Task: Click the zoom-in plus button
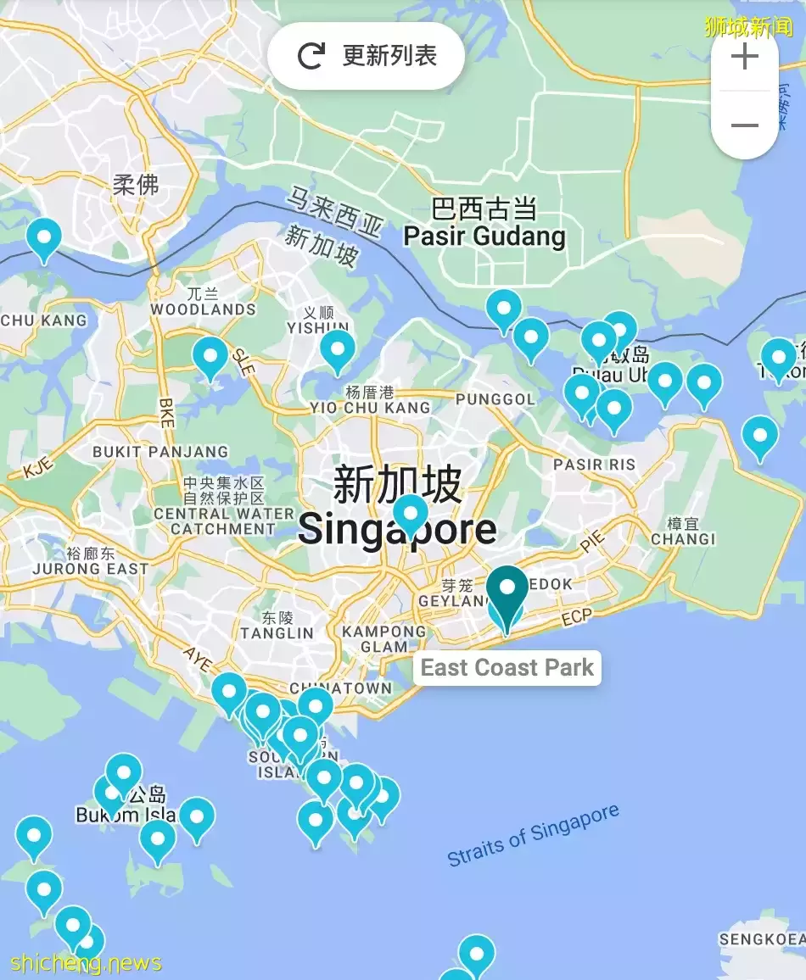(744, 57)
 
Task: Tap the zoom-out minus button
(744, 125)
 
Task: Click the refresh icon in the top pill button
(311, 57)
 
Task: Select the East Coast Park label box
(507, 667)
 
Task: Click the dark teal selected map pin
(507, 591)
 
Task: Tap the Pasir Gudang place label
(484, 236)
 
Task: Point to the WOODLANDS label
(203, 309)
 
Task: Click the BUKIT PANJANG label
(160, 452)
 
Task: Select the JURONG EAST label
(90, 569)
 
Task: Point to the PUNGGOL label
(495, 398)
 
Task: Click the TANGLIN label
(277, 632)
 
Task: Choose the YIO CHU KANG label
(370, 407)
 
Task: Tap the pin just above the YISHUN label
(337, 348)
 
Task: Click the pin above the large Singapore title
(411, 513)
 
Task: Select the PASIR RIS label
(594, 464)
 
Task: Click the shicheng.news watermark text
(87, 963)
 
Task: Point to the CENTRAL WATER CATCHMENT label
(224, 521)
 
